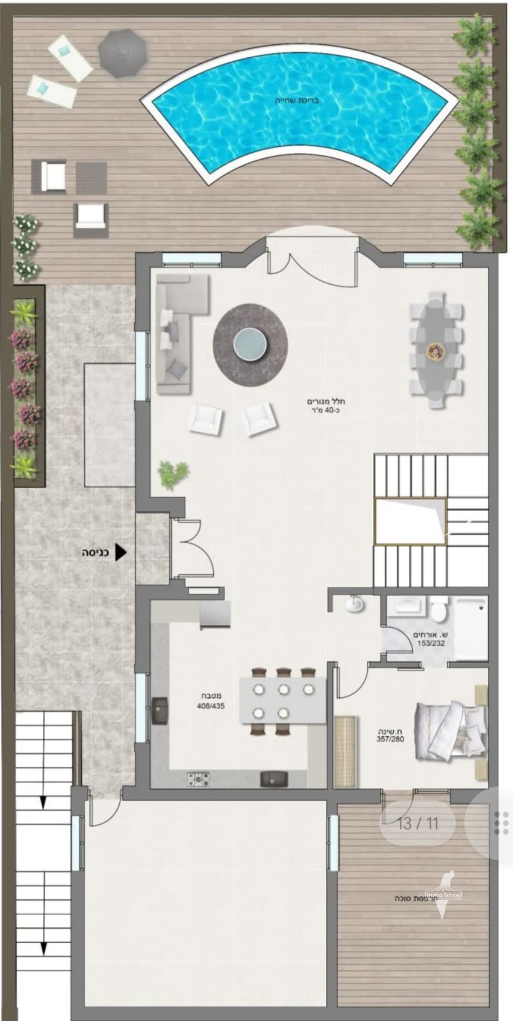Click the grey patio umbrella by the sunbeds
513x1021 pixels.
[123, 53]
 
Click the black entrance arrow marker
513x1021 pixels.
[121, 552]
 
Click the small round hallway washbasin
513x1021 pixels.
[354, 733]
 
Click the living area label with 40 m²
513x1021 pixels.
[326, 406]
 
